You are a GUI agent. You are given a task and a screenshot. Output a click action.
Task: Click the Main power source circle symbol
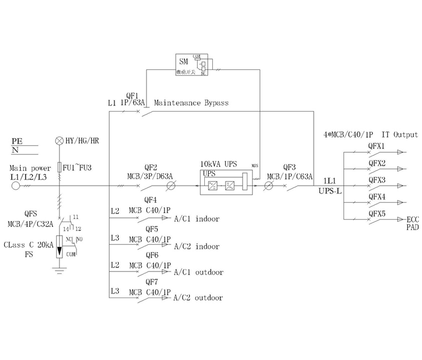click(15, 186)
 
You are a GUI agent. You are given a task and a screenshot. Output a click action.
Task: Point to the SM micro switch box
click(193, 64)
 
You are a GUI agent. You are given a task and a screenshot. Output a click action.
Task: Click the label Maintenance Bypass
click(191, 103)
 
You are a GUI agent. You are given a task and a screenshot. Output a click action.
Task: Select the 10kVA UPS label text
click(218, 164)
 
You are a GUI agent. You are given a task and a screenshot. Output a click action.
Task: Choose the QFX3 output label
click(376, 179)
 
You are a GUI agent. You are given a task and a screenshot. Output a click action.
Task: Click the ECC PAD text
click(412, 222)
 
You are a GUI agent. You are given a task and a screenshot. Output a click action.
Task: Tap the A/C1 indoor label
click(197, 219)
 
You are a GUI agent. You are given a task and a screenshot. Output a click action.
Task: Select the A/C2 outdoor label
click(198, 298)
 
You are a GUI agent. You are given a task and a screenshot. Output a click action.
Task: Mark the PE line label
click(17, 142)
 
